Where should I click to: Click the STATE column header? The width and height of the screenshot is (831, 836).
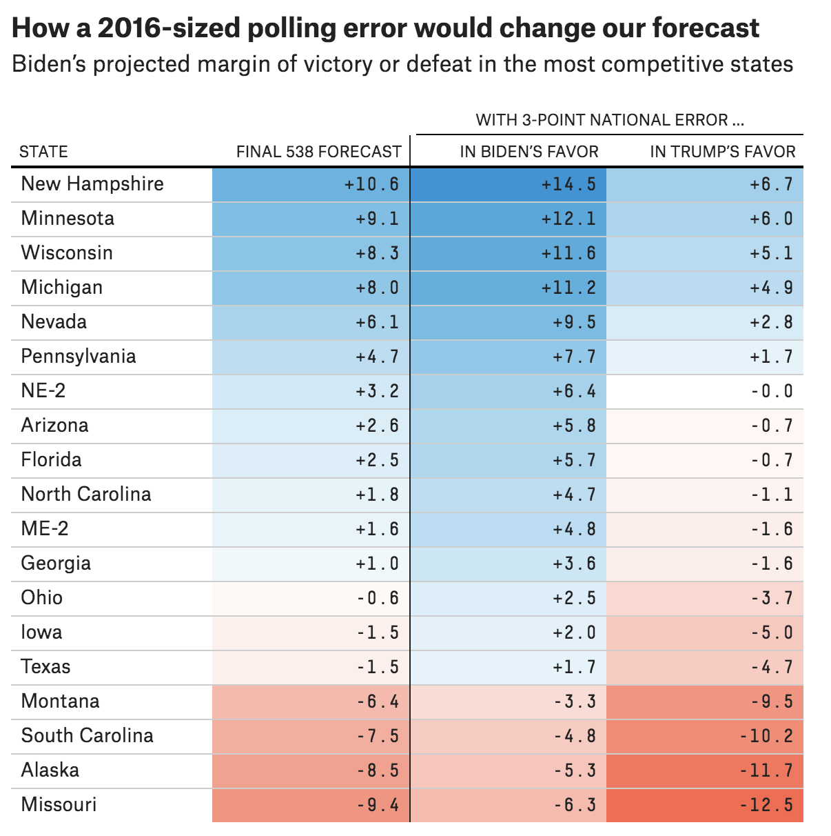click(43, 152)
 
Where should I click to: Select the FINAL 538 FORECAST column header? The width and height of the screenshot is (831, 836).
click(318, 152)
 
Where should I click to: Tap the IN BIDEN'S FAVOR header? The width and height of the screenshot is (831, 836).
click(529, 152)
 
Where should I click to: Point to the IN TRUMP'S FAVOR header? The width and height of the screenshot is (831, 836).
click(723, 152)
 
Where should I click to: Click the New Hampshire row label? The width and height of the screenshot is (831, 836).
click(92, 184)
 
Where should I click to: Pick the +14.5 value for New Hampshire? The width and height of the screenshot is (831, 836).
click(568, 185)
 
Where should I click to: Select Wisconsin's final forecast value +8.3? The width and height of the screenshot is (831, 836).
click(377, 253)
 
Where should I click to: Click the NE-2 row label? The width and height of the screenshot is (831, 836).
click(43, 391)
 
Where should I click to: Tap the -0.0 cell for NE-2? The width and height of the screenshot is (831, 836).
click(771, 392)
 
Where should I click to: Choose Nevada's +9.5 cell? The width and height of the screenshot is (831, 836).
click(574, 322)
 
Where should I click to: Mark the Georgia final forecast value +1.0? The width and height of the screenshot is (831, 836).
click(377, 564)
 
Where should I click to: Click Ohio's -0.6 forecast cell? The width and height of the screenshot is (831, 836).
click(378, 598)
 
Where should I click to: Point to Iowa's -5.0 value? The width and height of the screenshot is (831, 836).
click(771, 633)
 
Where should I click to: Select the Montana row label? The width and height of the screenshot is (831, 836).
click(61, 701)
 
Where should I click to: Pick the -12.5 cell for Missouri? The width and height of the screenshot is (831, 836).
click(766, 805)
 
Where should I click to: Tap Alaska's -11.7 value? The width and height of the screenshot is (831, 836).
click(766, 770)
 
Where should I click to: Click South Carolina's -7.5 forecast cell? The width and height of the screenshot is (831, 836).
click(378, 736)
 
